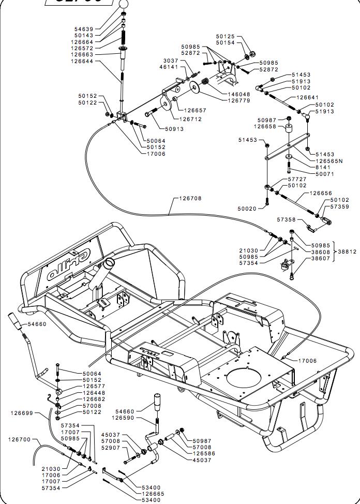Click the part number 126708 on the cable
pyautogui.click(x=191, y=198)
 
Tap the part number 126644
pyautogui.click(x=82, y=61)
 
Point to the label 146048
pyautogui.click(x=239, y=94)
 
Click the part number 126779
pyautogui.click(x=239, y=100)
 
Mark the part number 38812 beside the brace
pyautogui.click(x=347, y=251)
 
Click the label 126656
pyautogui.click(x=321, y=193)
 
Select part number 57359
pyautogui.click(x=339, y=206)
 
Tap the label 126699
pyautogui.click(x=22, y=413)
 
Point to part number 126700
pyautogui.click(x=20, y=439)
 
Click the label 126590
pyautogui.click(x=123, y=418)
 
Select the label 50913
pyautogui.click(x=174, y=129)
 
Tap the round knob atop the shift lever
pyautogui.click(x=123, y=3)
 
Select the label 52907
pyautogui.click(x=110, y=448)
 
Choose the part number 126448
pyautogui.click(x=94, y=393)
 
